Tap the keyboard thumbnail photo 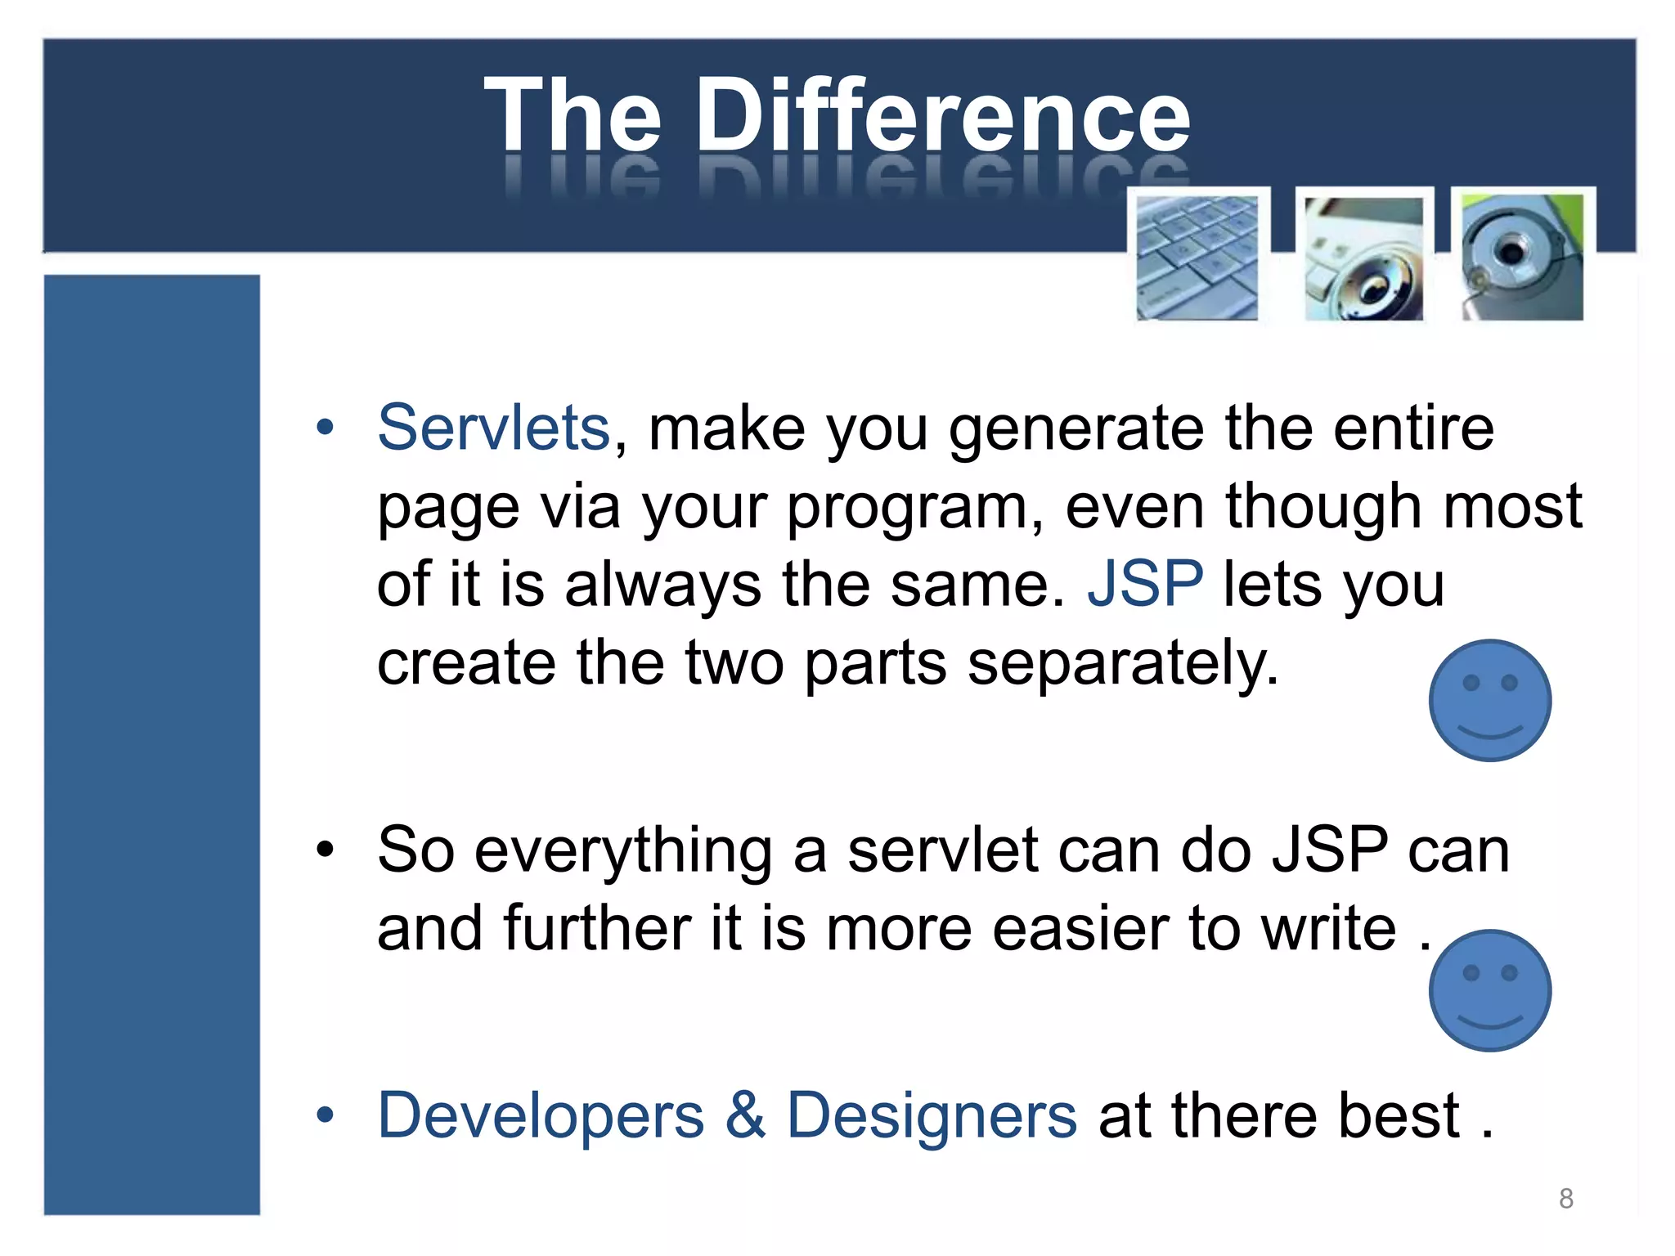click(1197, 258)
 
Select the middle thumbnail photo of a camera click(1363, 258)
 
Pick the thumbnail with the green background click(1522, 258)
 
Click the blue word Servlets click(493, 428)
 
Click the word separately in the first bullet click(1122, 664)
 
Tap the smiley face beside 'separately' click(1489, 701)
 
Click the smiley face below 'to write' click(1489, 990)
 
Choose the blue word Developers click(541, 1116)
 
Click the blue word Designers click(932, 1116)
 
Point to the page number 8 click(1565, 1198)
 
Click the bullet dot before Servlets click(326, 427)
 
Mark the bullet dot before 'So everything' click(326, 850)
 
